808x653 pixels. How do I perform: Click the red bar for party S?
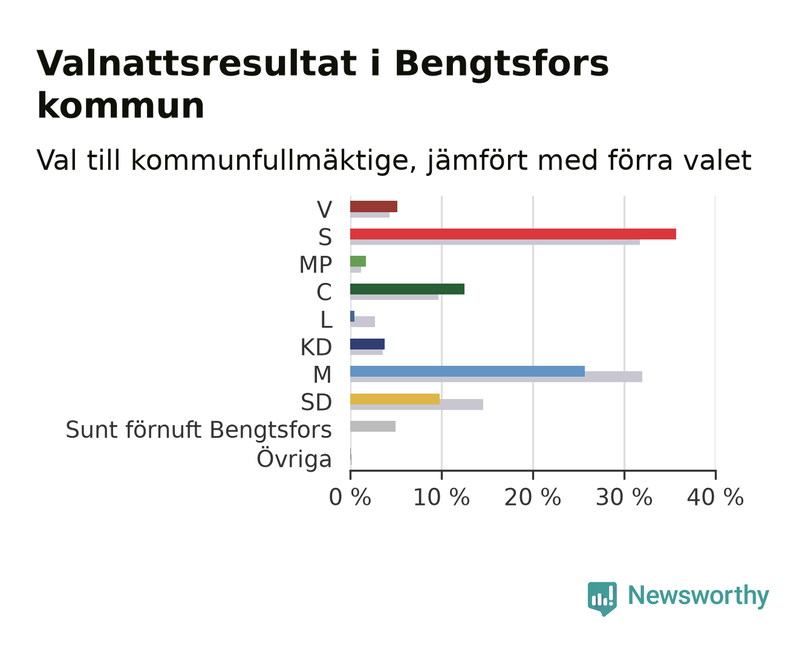coord(513,234)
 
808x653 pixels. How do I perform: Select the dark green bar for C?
coord(407,289)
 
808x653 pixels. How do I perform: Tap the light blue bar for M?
coord(468,371)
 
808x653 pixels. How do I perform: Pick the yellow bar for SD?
coord(395,399)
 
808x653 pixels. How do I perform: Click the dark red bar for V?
coord(374,207)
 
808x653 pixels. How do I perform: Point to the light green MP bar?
coord(357,261)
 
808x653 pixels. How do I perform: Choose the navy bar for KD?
coord(367,344)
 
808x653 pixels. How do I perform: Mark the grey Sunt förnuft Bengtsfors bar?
coord(373,426)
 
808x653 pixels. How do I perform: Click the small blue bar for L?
coord(352,316)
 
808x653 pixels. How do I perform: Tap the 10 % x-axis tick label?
coord(441,497)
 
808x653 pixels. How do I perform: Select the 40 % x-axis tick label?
coord(715,497)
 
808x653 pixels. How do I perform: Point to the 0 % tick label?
coord(350,497)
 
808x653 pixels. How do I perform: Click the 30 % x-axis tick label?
coord(624,497)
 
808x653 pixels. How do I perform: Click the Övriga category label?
coord(294,459)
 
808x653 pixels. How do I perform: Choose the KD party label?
coord(316,347)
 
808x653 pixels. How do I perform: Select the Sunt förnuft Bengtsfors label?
coord(199,430)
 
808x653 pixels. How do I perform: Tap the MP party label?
coord(315,264)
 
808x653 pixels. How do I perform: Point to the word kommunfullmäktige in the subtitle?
coord(273,161)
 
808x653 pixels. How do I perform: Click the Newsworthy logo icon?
coord(602,599)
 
